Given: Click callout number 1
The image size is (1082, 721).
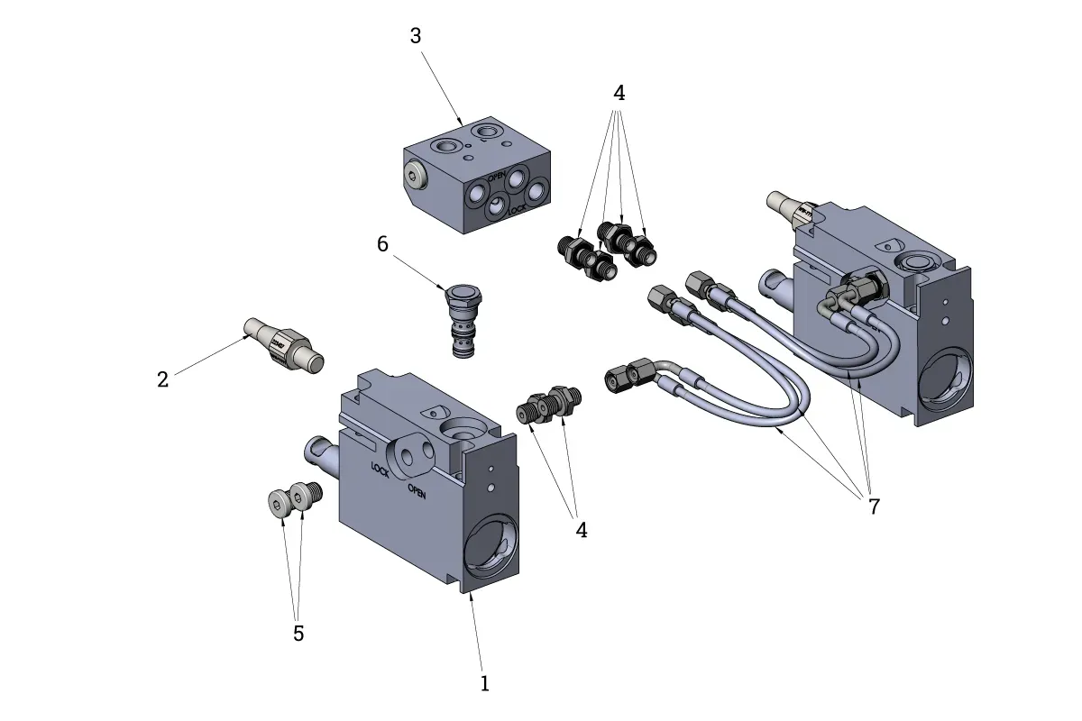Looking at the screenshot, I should click(484, 683).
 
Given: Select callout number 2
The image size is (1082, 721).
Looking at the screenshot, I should click(162, 379).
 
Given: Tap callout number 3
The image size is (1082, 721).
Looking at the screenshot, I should click(416, 36).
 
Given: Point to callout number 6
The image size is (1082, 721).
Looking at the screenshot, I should click(382, 244).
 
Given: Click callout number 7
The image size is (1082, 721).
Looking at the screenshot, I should click(874, 507).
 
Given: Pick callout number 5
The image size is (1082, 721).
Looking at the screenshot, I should click(298, 634).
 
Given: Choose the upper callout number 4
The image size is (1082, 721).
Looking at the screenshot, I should click(619, 93).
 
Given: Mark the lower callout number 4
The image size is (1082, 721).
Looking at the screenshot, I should click(582, 530).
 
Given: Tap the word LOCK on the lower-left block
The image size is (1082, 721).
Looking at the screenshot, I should click(380, 469).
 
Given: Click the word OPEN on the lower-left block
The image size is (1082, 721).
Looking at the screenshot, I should click(417, 490).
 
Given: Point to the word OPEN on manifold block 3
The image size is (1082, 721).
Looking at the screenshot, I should click(497, 177).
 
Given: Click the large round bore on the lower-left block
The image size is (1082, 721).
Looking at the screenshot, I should click(490, 551).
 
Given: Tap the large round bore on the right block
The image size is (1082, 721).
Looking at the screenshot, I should click(944, 379).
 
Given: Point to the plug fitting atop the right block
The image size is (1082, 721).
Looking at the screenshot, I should click(791, 208).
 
